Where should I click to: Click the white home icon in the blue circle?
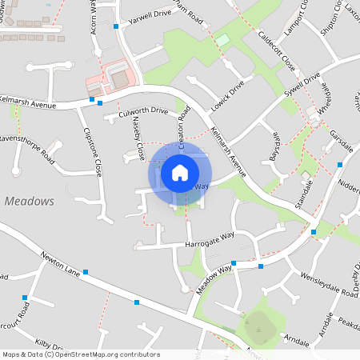180,172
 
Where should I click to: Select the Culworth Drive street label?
143,111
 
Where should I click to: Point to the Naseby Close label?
137,138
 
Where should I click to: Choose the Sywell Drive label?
302,89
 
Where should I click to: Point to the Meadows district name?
29,201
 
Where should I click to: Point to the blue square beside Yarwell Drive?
117,26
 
